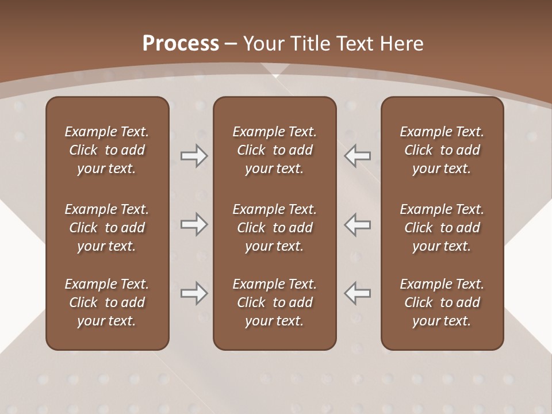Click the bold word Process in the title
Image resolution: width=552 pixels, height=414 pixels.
(x=181, y=44)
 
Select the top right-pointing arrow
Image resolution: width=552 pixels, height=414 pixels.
(x=194, y=156)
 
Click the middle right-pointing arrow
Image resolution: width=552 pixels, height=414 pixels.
(x=194, y=224)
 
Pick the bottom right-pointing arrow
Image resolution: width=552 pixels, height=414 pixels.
(x=194, y=293)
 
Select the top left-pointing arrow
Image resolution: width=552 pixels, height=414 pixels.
(x=357, y=156)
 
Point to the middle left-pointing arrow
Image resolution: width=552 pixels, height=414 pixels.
(x=357, y=224)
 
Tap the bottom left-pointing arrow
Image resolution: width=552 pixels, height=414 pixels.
(x=357, y=293)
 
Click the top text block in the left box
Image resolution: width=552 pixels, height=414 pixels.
(x=107, y=150)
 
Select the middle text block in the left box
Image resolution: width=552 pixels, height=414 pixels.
(x=107, y=228)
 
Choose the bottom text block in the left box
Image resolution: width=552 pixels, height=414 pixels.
(x=107, y=302)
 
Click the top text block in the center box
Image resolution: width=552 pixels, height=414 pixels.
(x=274, y=150)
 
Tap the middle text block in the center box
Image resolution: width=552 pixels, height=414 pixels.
(x=274, y=228)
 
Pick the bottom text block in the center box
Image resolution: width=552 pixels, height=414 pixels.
(x=274, y=302)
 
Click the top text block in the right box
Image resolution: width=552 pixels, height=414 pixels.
(x=442, y=150)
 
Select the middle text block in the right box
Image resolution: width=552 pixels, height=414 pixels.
(x=442, y=228)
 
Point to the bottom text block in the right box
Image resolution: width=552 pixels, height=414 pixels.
(x=442, y=302)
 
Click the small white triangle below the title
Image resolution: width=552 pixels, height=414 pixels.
(x=275, y=75)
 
